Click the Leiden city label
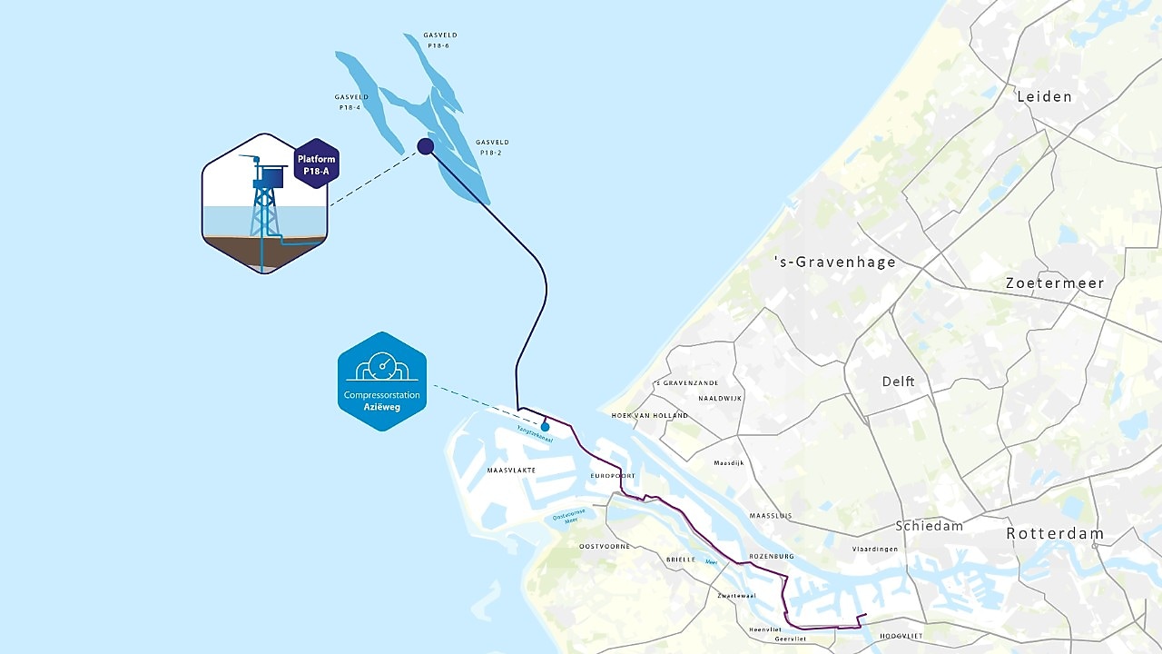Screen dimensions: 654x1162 [1044, 96]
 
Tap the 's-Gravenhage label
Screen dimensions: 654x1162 [834, 263]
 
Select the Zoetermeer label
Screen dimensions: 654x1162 [1055, 283]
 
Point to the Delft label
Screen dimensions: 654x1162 [898, 381]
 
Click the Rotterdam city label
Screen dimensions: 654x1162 [1055, 534]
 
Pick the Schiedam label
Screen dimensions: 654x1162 [929, 526]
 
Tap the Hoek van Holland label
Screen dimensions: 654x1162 [649, 415]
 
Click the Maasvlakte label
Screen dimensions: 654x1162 [511, 471]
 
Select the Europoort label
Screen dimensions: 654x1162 [613, 476]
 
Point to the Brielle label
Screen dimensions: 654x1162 [680, 560]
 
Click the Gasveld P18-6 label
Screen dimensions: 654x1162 [438, 40]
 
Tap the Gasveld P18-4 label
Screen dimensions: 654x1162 [350, 102]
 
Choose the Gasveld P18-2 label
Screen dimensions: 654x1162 [492, 147]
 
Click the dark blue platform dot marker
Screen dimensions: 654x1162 [425, 146]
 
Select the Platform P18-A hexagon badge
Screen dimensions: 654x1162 [317, 163]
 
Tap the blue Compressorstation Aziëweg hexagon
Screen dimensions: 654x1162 [382, 381]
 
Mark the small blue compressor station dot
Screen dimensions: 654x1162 [545, 426]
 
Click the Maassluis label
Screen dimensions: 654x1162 [771, 516]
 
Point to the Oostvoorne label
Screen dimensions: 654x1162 [605, 546]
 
